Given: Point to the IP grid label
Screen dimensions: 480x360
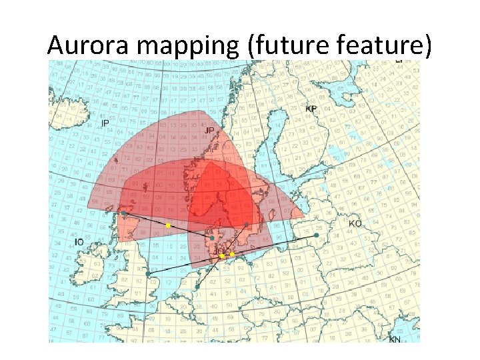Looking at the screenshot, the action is (105, 124).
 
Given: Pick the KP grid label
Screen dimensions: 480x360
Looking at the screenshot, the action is (311, 109).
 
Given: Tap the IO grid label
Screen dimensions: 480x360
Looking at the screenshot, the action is (79, 241).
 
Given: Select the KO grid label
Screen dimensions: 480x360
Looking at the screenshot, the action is (355, 223).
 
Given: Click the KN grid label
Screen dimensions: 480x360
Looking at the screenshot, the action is (395, 339).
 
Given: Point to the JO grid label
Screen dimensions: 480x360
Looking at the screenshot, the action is (218, 251).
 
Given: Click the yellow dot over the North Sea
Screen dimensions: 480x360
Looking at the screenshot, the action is (168, 225).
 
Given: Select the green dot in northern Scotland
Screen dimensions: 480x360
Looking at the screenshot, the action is (124, 213).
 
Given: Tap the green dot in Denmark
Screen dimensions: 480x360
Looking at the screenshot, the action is (212, 237).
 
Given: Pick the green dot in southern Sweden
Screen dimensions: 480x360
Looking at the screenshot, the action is (247, 225).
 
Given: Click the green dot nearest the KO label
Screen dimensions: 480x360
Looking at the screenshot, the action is (316, 235).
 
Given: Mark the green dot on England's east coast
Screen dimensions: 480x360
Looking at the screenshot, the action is (147, 273).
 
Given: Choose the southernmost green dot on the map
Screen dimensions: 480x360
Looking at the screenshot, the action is (197, 287).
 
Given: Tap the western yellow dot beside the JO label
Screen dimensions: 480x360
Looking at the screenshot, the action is (222, 256).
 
